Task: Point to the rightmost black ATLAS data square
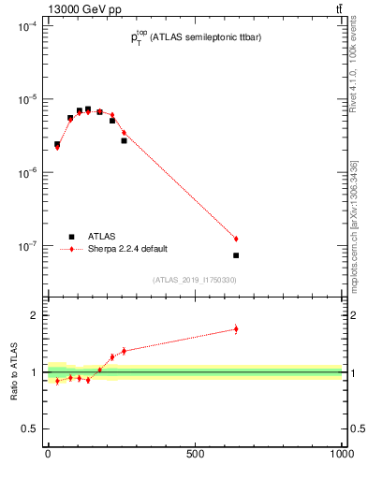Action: tap(236, 255)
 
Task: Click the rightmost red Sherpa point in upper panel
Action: tap(236, 239)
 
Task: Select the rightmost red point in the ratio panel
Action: tap(236, 328)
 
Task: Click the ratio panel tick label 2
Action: tap(35, 315)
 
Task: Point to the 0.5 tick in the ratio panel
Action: tap(31, 428)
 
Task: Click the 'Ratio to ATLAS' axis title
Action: tap(13, 371)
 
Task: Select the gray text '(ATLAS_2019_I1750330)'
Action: tap(195, 279)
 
